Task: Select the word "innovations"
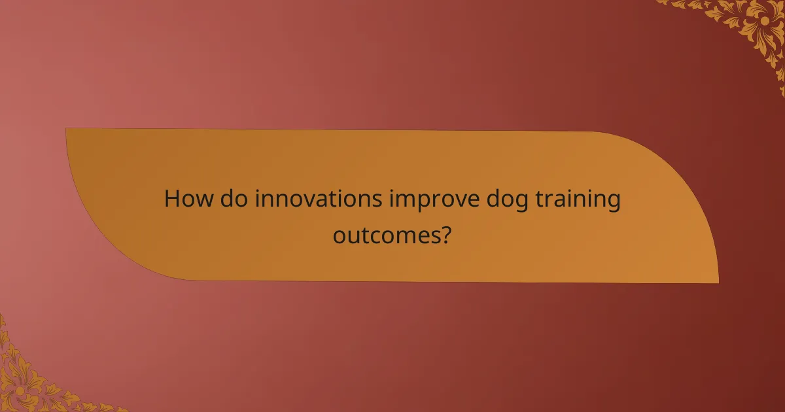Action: coord(318,199)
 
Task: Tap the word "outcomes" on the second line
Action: coord(383,234)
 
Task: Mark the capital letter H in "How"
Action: coord(173,199)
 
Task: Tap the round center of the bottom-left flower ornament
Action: coord(20,390)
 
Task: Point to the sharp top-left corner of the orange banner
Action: coord(66,128)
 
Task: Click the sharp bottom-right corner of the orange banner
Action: coord(718,283)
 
